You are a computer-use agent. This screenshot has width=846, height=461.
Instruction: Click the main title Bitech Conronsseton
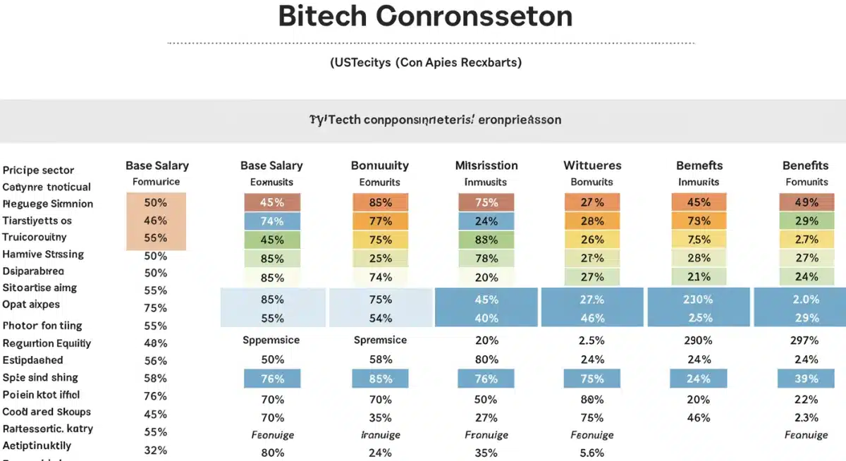425,17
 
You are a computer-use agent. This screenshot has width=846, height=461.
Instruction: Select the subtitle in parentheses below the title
426,63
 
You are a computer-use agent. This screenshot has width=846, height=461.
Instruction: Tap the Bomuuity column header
380,166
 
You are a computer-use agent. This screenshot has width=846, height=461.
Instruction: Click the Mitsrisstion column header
486,166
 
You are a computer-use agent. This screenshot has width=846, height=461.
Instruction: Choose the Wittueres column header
592,166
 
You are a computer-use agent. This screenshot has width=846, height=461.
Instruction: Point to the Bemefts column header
699,166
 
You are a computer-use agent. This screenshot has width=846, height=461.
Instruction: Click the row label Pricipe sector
38,170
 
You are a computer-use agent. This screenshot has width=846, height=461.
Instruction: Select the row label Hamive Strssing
43,254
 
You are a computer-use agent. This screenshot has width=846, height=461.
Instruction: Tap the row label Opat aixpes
31,305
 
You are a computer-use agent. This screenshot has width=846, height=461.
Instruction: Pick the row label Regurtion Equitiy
47,343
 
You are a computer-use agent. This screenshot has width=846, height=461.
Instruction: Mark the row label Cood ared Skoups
47,412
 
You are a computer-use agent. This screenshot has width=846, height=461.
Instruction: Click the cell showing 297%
805,340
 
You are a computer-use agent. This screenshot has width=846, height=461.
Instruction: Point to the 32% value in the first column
155,450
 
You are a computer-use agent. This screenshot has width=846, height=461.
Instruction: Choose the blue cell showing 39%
805,379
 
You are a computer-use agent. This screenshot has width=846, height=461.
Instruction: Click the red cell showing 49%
805,202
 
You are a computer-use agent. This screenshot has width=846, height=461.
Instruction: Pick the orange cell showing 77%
380,221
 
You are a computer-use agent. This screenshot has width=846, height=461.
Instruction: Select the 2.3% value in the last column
805,417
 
